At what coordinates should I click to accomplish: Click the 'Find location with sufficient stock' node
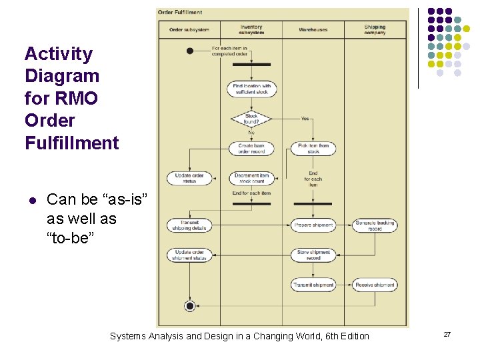251,89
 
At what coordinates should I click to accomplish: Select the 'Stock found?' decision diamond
251,119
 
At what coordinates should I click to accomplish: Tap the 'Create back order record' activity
251,148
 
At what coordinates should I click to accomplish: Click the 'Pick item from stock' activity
313,148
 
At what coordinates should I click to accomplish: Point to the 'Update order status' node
189,178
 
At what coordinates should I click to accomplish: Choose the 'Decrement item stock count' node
251,178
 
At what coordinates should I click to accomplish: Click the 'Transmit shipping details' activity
189,225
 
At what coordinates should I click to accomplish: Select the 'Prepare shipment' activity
313,225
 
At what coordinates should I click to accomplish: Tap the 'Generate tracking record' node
375,225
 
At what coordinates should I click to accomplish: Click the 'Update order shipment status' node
189,255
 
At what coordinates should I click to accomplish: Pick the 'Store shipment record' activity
313,255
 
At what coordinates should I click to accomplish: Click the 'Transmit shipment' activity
313,285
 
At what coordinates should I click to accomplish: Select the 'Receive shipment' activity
375,285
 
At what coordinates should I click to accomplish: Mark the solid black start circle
190,51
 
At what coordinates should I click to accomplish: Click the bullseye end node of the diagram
190,306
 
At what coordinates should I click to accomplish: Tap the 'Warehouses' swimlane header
313,30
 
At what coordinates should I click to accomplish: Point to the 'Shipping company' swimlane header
375,30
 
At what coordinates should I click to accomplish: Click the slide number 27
447,333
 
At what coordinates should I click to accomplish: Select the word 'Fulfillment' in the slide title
71,143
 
